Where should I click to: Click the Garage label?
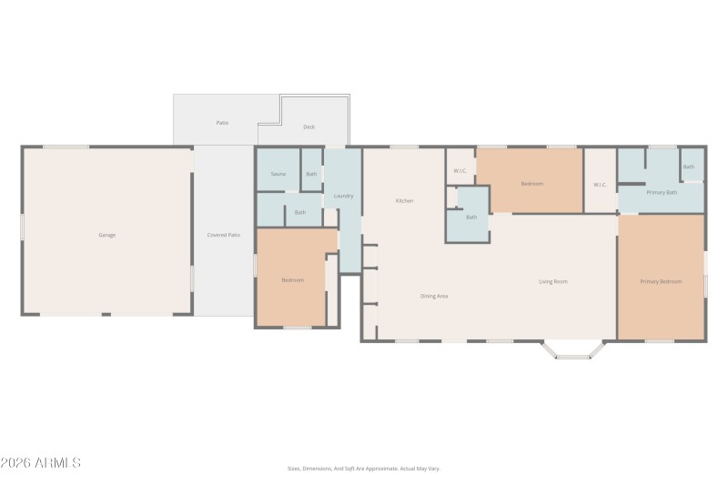107,235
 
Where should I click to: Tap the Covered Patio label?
223,235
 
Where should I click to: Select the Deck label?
309,126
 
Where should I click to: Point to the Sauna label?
278,173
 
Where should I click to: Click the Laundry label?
343,196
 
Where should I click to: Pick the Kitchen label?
404,200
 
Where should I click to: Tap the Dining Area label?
433,296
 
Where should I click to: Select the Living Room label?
553,281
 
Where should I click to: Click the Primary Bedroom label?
661,281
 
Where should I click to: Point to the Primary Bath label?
662,192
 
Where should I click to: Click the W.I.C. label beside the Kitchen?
460,171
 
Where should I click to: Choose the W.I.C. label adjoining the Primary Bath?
600,185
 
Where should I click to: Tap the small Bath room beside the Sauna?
311,174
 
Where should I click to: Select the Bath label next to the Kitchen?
471,217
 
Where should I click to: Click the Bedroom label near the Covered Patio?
292,280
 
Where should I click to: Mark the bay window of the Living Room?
572,349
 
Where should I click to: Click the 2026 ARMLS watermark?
41,462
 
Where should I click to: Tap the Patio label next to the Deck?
222,122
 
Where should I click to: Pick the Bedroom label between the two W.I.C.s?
531,184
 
